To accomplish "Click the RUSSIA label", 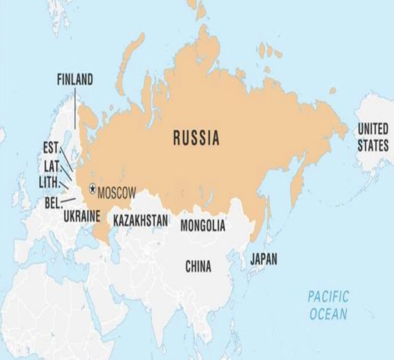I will (196, 138).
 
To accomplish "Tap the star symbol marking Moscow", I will (92, 188).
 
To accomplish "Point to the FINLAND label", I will (74, 80).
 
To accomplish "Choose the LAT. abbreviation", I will (51, 166).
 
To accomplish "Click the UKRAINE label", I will (82, 216).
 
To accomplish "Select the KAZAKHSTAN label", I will (141, 220).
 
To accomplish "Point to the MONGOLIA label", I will (203, 226).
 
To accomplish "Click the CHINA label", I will (199, 267).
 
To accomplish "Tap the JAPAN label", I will (263, 258).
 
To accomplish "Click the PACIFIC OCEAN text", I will (328, 304).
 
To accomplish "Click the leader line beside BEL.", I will (69, 200).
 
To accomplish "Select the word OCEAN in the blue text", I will (328, 313).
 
